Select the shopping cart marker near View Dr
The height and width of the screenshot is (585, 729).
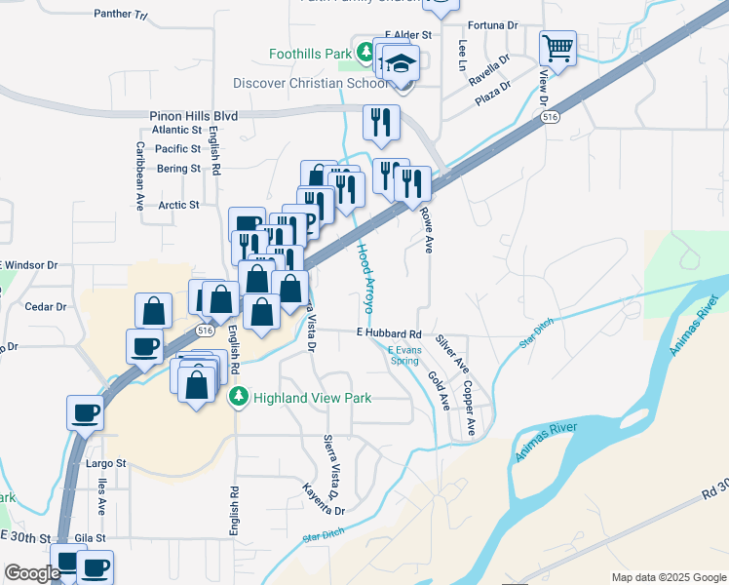pos(557,48)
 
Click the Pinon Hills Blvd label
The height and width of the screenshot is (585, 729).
pos(194,115)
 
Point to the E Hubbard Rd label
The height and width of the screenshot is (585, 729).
pos(388,333)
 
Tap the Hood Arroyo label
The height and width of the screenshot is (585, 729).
pos(364,278)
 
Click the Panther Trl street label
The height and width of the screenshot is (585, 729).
pos(120,15)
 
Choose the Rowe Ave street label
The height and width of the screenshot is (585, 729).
pos(427,230)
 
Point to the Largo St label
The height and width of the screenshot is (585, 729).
pos(106,463)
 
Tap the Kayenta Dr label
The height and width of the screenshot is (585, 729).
pos(320,498)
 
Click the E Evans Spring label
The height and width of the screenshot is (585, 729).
pos(403,355)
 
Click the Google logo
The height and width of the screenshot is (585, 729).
pos(32,573)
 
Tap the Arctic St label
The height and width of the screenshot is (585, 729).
pos(178,205)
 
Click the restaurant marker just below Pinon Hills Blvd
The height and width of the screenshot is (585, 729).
pos(379,122)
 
